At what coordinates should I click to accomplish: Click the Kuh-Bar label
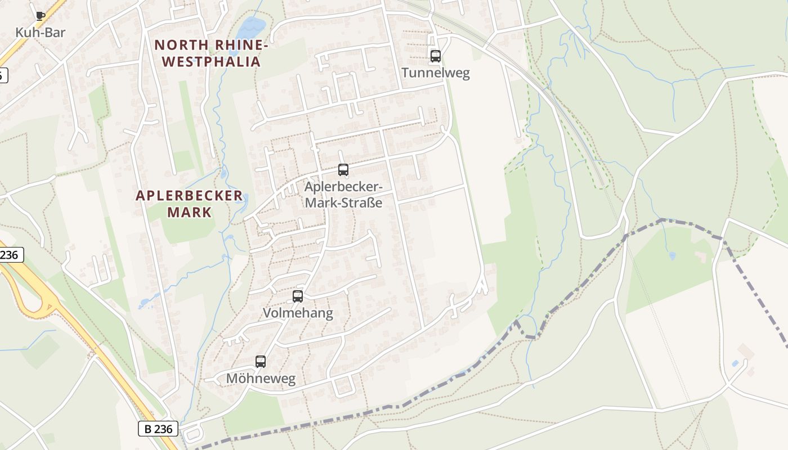[40, 33]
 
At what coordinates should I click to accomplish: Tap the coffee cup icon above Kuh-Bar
[40, 16]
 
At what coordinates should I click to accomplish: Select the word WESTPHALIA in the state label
[212, 61]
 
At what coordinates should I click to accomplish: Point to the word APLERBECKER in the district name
[190, 196]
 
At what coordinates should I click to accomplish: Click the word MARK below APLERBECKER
[189, 212]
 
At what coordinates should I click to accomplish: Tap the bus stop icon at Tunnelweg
[435, 56]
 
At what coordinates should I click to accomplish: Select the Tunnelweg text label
[435, 73]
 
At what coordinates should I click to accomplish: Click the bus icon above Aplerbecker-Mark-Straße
[343, 169]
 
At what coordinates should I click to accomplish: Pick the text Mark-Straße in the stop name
[343, 202]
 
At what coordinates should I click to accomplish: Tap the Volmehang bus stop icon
[298, 296]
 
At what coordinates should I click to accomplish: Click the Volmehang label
[298, 313]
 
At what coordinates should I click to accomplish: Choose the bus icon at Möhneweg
[260, 362]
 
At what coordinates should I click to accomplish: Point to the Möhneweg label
[261, 379]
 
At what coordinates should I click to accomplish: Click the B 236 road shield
[158, 429]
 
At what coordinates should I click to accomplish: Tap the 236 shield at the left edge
[10, 255]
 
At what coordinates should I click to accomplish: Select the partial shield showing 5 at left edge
[3, 75]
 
